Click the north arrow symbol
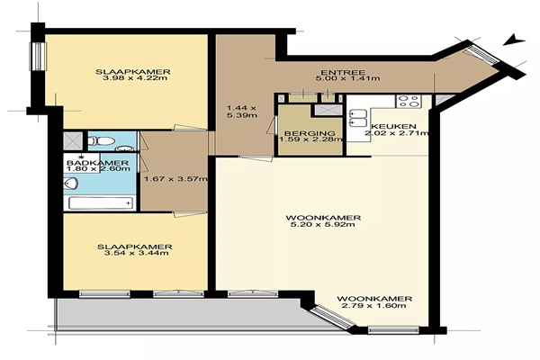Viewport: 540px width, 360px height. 514,40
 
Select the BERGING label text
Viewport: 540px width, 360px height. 310,133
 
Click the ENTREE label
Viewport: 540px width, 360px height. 343,72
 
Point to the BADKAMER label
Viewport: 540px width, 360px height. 98,163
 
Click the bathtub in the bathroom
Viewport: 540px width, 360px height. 101,202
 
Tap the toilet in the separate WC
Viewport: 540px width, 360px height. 101,141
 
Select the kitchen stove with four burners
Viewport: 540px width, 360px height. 409,102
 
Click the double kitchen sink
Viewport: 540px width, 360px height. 358,118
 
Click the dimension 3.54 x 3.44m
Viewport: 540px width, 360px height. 136,253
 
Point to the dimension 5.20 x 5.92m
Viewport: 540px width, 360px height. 323,225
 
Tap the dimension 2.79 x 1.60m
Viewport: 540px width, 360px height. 374,306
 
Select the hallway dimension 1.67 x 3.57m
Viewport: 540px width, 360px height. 175,179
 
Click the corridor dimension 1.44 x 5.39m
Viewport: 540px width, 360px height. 241,112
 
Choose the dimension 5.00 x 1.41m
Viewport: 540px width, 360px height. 347,78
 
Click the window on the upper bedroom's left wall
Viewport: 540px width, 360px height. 39,57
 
